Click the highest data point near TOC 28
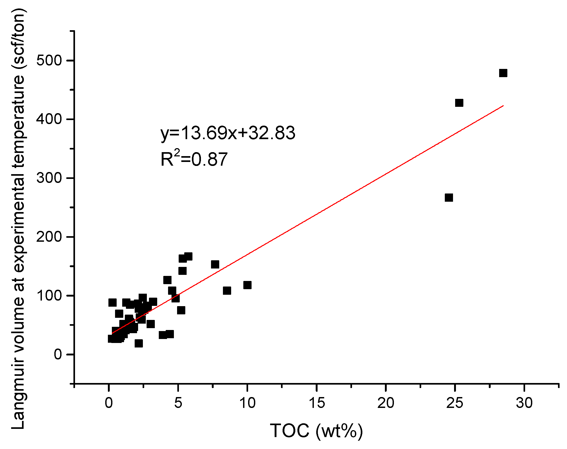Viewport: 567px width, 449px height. (x=503, y=73)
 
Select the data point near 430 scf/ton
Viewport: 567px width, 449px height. (x=459, y=103)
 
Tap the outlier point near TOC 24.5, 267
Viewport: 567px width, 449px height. (x=449, y=198)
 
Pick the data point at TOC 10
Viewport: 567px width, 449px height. (x=247, y=285)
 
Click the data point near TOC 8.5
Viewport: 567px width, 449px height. (x=227, y=291)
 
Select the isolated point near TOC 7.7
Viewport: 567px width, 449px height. (x=215, y=265)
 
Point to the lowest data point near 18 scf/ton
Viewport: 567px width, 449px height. (x=139, y=344)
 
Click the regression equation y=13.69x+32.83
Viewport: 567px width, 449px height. (x=228, y=133)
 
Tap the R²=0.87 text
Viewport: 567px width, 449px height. (x=194, y=159)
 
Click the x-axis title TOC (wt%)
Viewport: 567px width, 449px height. (x=316, y=431)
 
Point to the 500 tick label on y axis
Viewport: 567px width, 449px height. (x=49, y=60)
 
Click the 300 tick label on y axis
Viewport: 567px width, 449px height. (x=49, y=178)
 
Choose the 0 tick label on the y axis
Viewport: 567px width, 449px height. (x=58, y=354)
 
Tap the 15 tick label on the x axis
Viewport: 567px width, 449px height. (x=317, y=403)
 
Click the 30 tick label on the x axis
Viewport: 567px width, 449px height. (x=524, y=403)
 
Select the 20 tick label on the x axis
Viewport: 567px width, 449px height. (x=386, y=403)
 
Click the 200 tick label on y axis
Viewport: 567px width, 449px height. (x=49, y=237)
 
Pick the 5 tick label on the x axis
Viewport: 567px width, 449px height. (x=178, y=403)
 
